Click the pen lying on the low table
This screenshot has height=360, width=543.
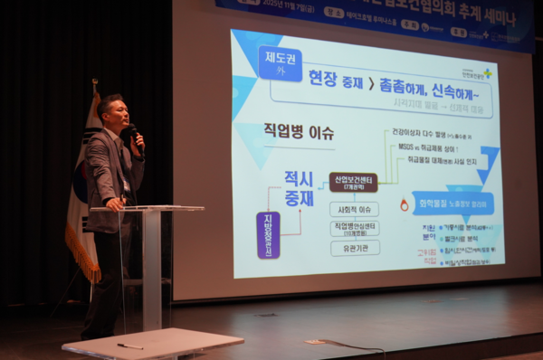coord(129,346)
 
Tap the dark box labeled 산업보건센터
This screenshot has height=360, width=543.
coord(353,182)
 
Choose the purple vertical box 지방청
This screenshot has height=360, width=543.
coord(268,234)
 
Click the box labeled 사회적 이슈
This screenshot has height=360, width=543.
coord(354,208)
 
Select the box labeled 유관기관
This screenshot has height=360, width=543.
coord(354,246)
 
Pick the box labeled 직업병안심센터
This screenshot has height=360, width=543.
coord(354,227)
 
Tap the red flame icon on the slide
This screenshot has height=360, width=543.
coord(404,205)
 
